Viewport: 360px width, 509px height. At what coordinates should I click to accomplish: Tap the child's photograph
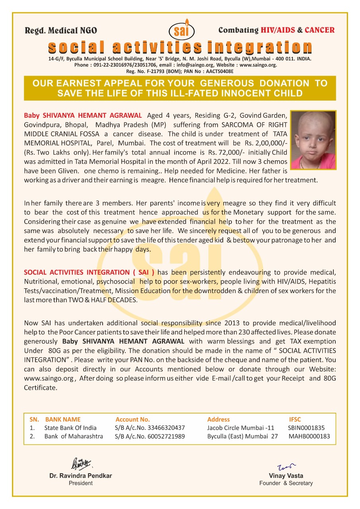click(x=313, y=140)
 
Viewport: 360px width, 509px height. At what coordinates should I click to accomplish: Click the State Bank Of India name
click(x=70, y=428)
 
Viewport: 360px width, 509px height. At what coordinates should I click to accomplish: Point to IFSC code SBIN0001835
click(x=306, y=428)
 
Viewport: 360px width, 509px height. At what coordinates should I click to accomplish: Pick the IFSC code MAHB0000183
click(x=309, y=436)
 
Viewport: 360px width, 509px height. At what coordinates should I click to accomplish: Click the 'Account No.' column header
click(x=132, y=419)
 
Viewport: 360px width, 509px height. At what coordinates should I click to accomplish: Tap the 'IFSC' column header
click(x=295, y=419)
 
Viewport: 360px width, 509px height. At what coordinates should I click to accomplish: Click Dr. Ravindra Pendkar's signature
click(x=81, y=464)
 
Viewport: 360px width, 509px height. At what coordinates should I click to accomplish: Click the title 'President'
click(x=80, y=483)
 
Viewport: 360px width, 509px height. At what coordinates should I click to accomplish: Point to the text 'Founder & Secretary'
click(x=286, y=483)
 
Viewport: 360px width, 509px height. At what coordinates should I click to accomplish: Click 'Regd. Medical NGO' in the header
click(x=61, y=31)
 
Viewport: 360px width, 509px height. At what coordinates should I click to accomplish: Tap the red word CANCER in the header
click(x=319, y=30)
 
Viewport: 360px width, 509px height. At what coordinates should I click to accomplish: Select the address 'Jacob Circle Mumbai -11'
click(x=241, y=428)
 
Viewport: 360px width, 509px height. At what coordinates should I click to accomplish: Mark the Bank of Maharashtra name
click(x=74, y=436)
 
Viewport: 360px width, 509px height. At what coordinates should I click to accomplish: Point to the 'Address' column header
click(x=218, y=419)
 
